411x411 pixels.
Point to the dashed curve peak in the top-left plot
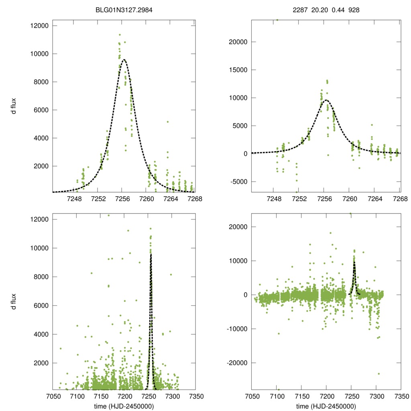click(124, 60)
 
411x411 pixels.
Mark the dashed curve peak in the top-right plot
click(326, 100)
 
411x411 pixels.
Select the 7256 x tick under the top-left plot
click(122, 199)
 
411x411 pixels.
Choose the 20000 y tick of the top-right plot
click(237, 42)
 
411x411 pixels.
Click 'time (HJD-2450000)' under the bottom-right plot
click(326, 406)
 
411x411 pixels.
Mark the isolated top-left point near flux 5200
click(167, 122)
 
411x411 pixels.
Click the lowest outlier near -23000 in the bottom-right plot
click(378, 374)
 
